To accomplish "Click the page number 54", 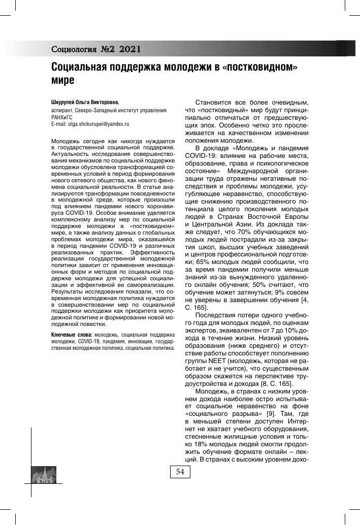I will tap(180, 472).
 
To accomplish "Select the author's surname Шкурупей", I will tap(65, 102).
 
